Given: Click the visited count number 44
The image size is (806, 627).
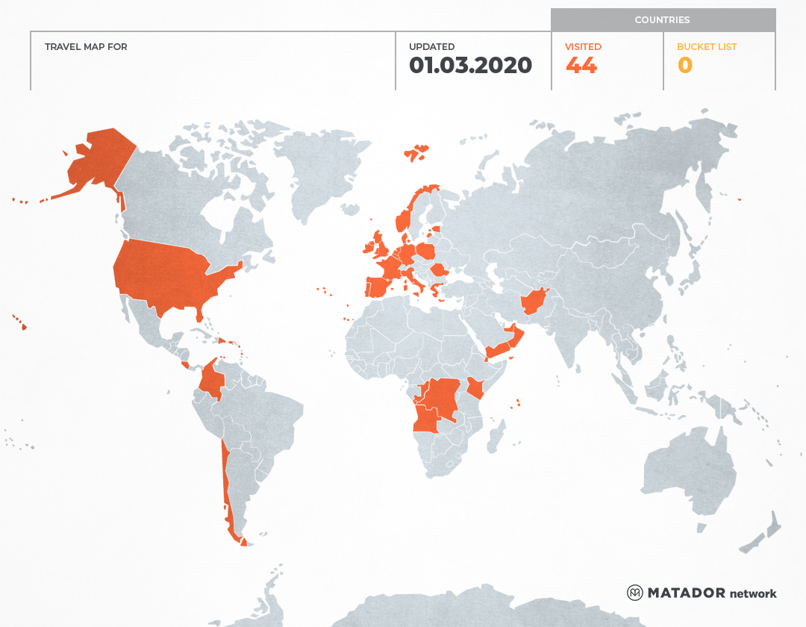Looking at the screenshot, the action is pos(581,66).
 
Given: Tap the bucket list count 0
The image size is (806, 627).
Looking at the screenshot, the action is pos(684,66).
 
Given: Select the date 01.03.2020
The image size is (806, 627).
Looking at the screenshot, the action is pos(470,66).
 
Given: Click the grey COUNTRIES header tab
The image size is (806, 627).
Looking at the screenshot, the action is pos(663,20).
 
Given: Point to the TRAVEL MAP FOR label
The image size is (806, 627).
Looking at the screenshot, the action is pos(86,47).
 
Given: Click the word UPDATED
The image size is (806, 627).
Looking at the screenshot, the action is pos(431,47).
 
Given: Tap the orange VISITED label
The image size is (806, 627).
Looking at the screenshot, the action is pos(583,47).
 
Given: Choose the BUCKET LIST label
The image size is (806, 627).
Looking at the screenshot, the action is pos(706,47).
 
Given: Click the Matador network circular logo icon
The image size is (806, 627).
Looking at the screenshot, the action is pos(634,593).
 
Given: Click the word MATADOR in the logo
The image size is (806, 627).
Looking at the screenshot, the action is pos(686,593).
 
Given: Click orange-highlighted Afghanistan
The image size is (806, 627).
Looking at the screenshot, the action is pos(533,302).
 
